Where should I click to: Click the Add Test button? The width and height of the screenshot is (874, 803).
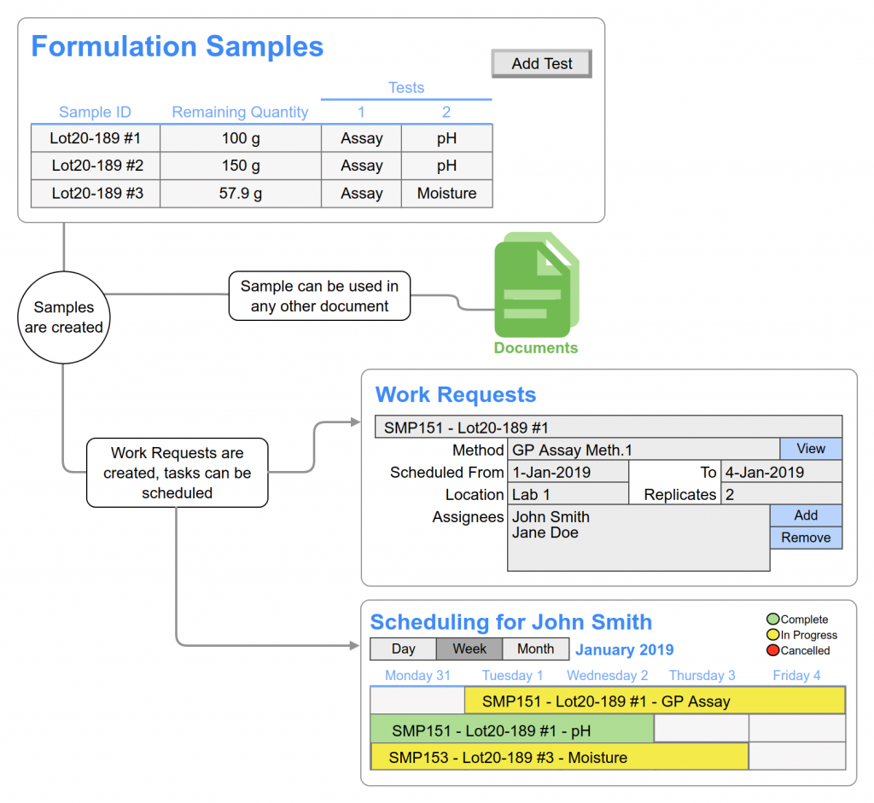point(541,64)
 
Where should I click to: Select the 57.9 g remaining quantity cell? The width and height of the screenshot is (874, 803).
point(241,194)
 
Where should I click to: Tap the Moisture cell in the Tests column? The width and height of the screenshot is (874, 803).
point(446,194)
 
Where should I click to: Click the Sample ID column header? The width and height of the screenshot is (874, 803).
point(95,112)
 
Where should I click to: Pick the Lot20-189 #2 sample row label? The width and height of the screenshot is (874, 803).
point(96,166)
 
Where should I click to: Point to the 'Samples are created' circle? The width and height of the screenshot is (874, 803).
point(64,317)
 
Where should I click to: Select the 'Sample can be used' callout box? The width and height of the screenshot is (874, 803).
point(319,296)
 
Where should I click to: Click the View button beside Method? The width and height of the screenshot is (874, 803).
point(810,449)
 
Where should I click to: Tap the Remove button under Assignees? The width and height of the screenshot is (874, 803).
point(805,538)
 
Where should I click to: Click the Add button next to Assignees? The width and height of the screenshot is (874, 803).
point(805,515)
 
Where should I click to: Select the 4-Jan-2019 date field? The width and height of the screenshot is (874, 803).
point(781,472)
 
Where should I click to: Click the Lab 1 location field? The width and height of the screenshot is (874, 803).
point(568,494)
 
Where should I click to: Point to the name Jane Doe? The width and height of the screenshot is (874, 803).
point(545,533)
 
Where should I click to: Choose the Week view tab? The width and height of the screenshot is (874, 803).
point(469,649)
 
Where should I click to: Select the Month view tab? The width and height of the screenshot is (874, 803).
point(535,649)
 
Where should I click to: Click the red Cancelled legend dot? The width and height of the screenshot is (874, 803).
point(772,650)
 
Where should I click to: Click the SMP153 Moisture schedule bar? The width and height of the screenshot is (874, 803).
point(559,758)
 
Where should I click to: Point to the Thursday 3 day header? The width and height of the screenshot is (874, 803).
point(702,676)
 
